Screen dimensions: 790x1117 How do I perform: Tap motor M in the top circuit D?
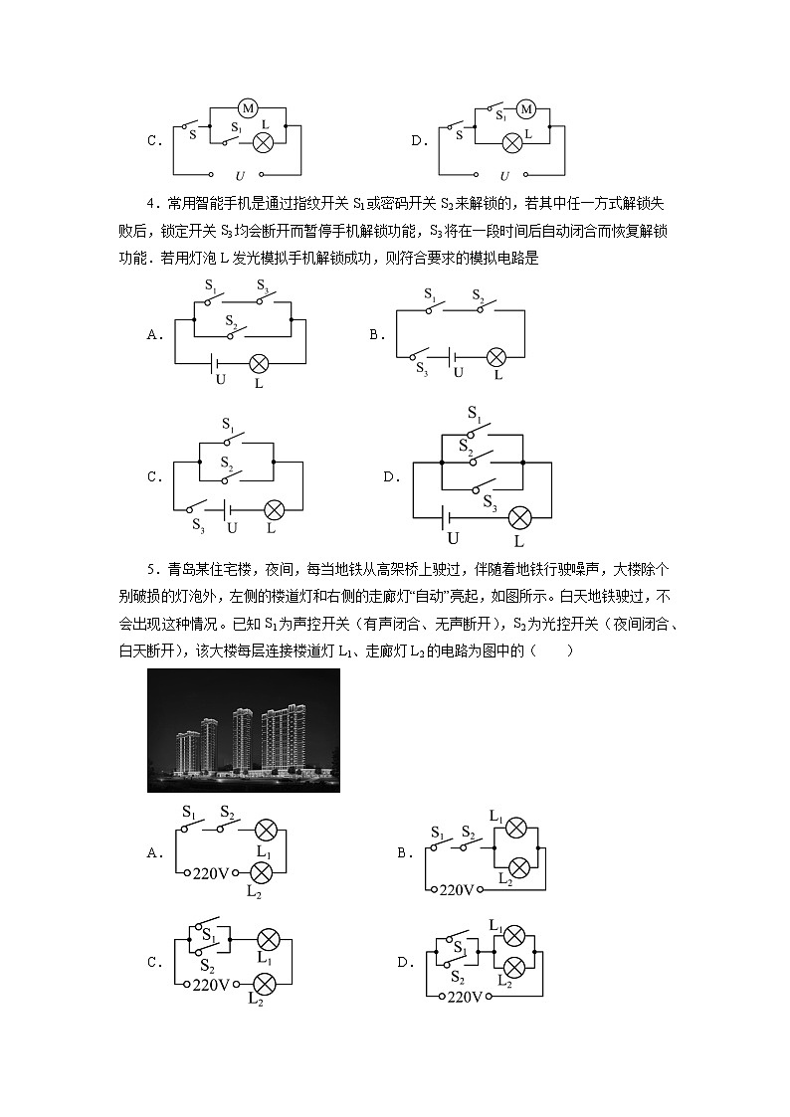pos(527,108)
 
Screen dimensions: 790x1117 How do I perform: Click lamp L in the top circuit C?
pos(264,143)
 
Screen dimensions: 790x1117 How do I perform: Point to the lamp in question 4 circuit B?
pos(494,358)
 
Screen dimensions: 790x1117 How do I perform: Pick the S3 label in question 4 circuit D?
pos(491,504)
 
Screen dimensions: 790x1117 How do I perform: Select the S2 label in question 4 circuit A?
pos(231,320)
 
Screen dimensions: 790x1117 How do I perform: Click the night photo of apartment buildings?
pos(244,730)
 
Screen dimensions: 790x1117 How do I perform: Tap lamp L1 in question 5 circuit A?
pos(265,830)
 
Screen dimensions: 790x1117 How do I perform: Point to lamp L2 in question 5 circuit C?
pos(265,984)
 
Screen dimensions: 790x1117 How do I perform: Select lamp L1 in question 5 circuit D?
pos(514,934)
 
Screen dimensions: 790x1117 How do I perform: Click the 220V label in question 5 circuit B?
pos(457,889)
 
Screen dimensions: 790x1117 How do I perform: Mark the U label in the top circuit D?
pos(503,175)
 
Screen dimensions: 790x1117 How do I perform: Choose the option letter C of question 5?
pos(153,962)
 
